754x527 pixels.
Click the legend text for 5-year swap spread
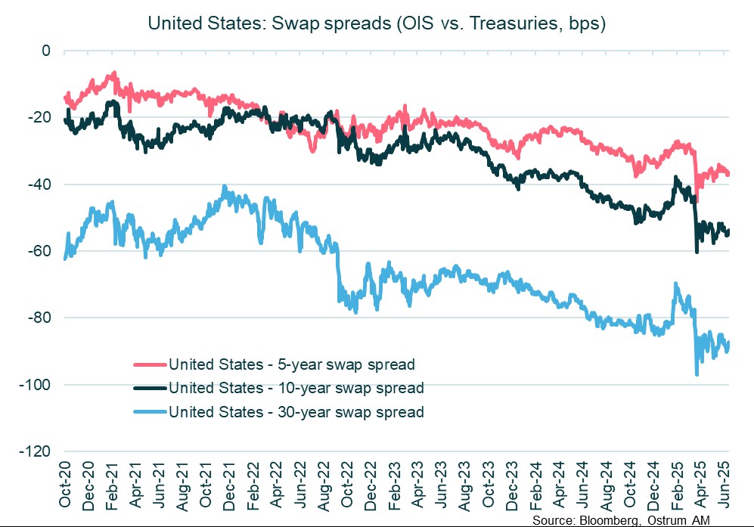click(x=292, y=364)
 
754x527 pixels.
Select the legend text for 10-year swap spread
click(x=296, y=389)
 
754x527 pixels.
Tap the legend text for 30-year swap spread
click(x=296, y=413)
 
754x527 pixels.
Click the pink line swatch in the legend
click(x=149, y=364)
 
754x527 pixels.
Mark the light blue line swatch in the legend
click(x=149, y=413)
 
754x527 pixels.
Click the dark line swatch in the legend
click(x=149, y=389)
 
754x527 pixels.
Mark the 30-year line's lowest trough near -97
click(x=697, y=374)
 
